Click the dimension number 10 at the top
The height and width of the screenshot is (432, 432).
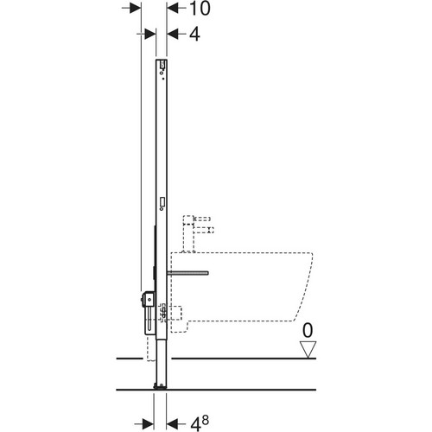[200, 9]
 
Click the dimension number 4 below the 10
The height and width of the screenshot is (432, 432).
[194, 35]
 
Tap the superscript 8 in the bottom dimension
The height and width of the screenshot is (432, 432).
[205, 420]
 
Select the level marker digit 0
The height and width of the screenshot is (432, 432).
[308, 330]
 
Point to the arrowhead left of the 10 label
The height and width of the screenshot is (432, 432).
[173, 9]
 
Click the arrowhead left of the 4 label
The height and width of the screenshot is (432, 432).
[173, 35]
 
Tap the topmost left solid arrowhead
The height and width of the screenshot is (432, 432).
[136, 9]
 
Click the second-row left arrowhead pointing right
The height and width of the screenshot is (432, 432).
[150, 35]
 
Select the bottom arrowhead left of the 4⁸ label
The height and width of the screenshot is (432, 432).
[172, 424]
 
